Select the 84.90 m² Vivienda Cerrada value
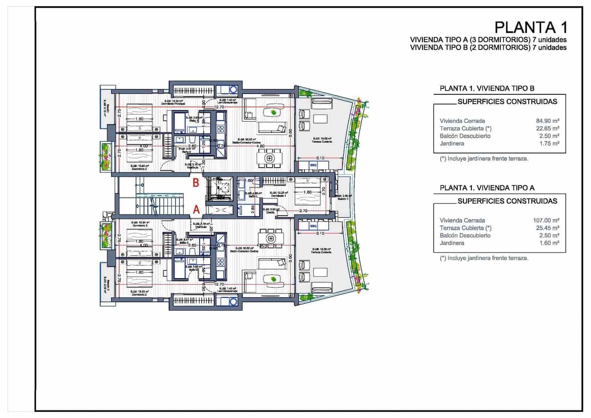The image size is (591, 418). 547,121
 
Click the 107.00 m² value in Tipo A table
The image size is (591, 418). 546,220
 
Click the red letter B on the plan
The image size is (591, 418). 196,182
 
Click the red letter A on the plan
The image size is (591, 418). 197,210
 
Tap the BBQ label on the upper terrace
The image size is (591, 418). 313,165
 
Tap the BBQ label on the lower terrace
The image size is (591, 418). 313,226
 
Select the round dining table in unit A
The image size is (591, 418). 271,237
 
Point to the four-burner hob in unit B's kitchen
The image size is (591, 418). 221,129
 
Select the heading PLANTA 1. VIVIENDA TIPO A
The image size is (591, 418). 487,188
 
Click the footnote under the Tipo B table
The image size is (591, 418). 484,159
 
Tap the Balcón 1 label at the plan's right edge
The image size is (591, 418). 342,199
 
